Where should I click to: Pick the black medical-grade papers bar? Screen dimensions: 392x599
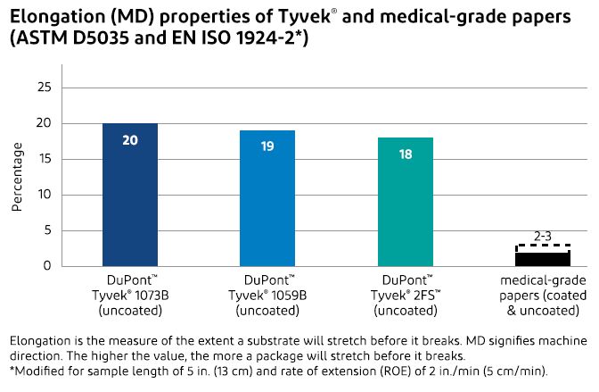(542, 259)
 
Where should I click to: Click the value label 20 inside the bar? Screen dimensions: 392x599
(130, 140)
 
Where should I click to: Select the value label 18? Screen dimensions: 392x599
(405, 154)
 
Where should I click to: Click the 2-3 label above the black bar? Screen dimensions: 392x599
(542, 237)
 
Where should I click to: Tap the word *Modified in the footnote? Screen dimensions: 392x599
(36, 371)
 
